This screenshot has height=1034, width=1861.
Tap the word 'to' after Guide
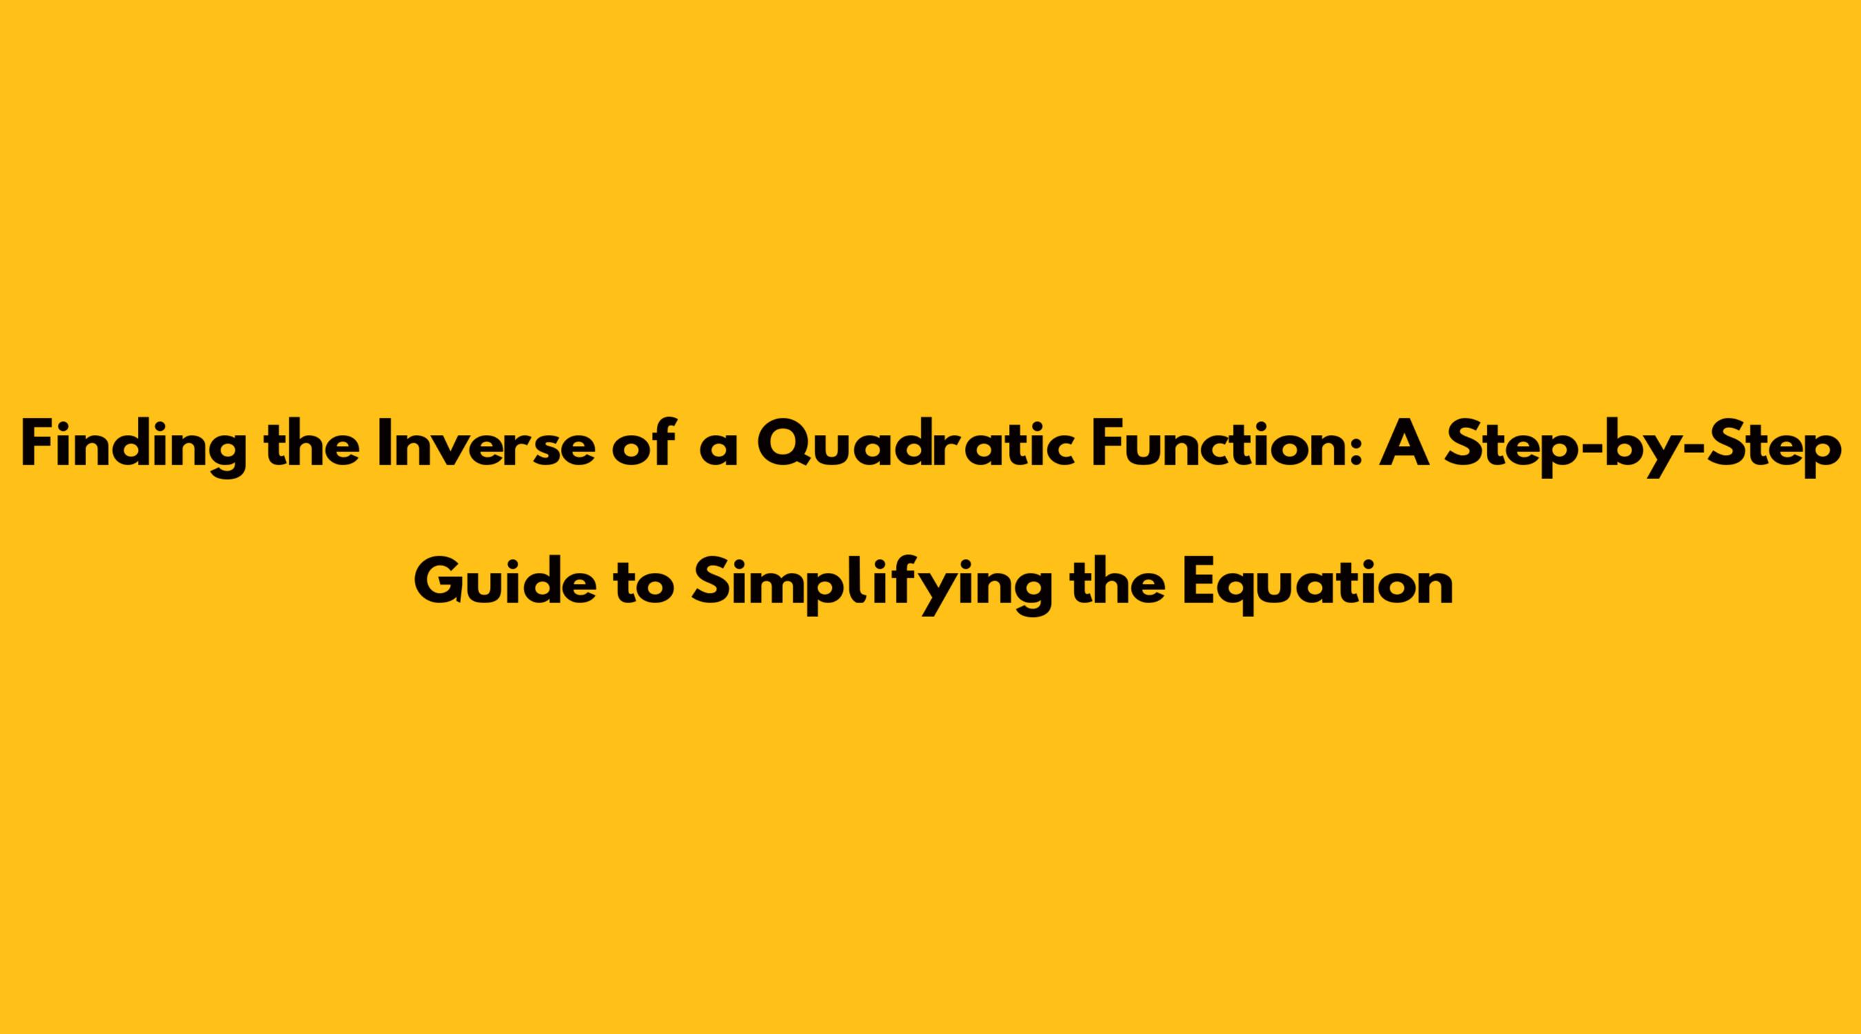point(642,587)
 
